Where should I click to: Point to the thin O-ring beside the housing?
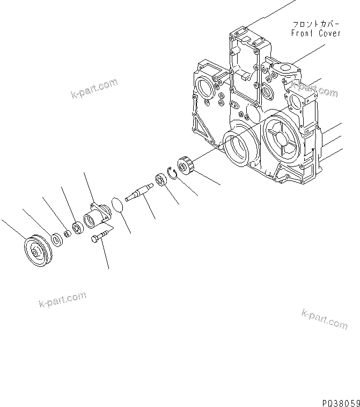click(115, 205)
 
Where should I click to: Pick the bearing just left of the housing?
click(77, 228)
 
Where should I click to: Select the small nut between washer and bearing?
click(67, 233)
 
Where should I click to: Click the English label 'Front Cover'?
click(316, 33)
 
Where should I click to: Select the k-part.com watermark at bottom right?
click(325, 318)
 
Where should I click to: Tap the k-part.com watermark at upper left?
click(93, 89)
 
